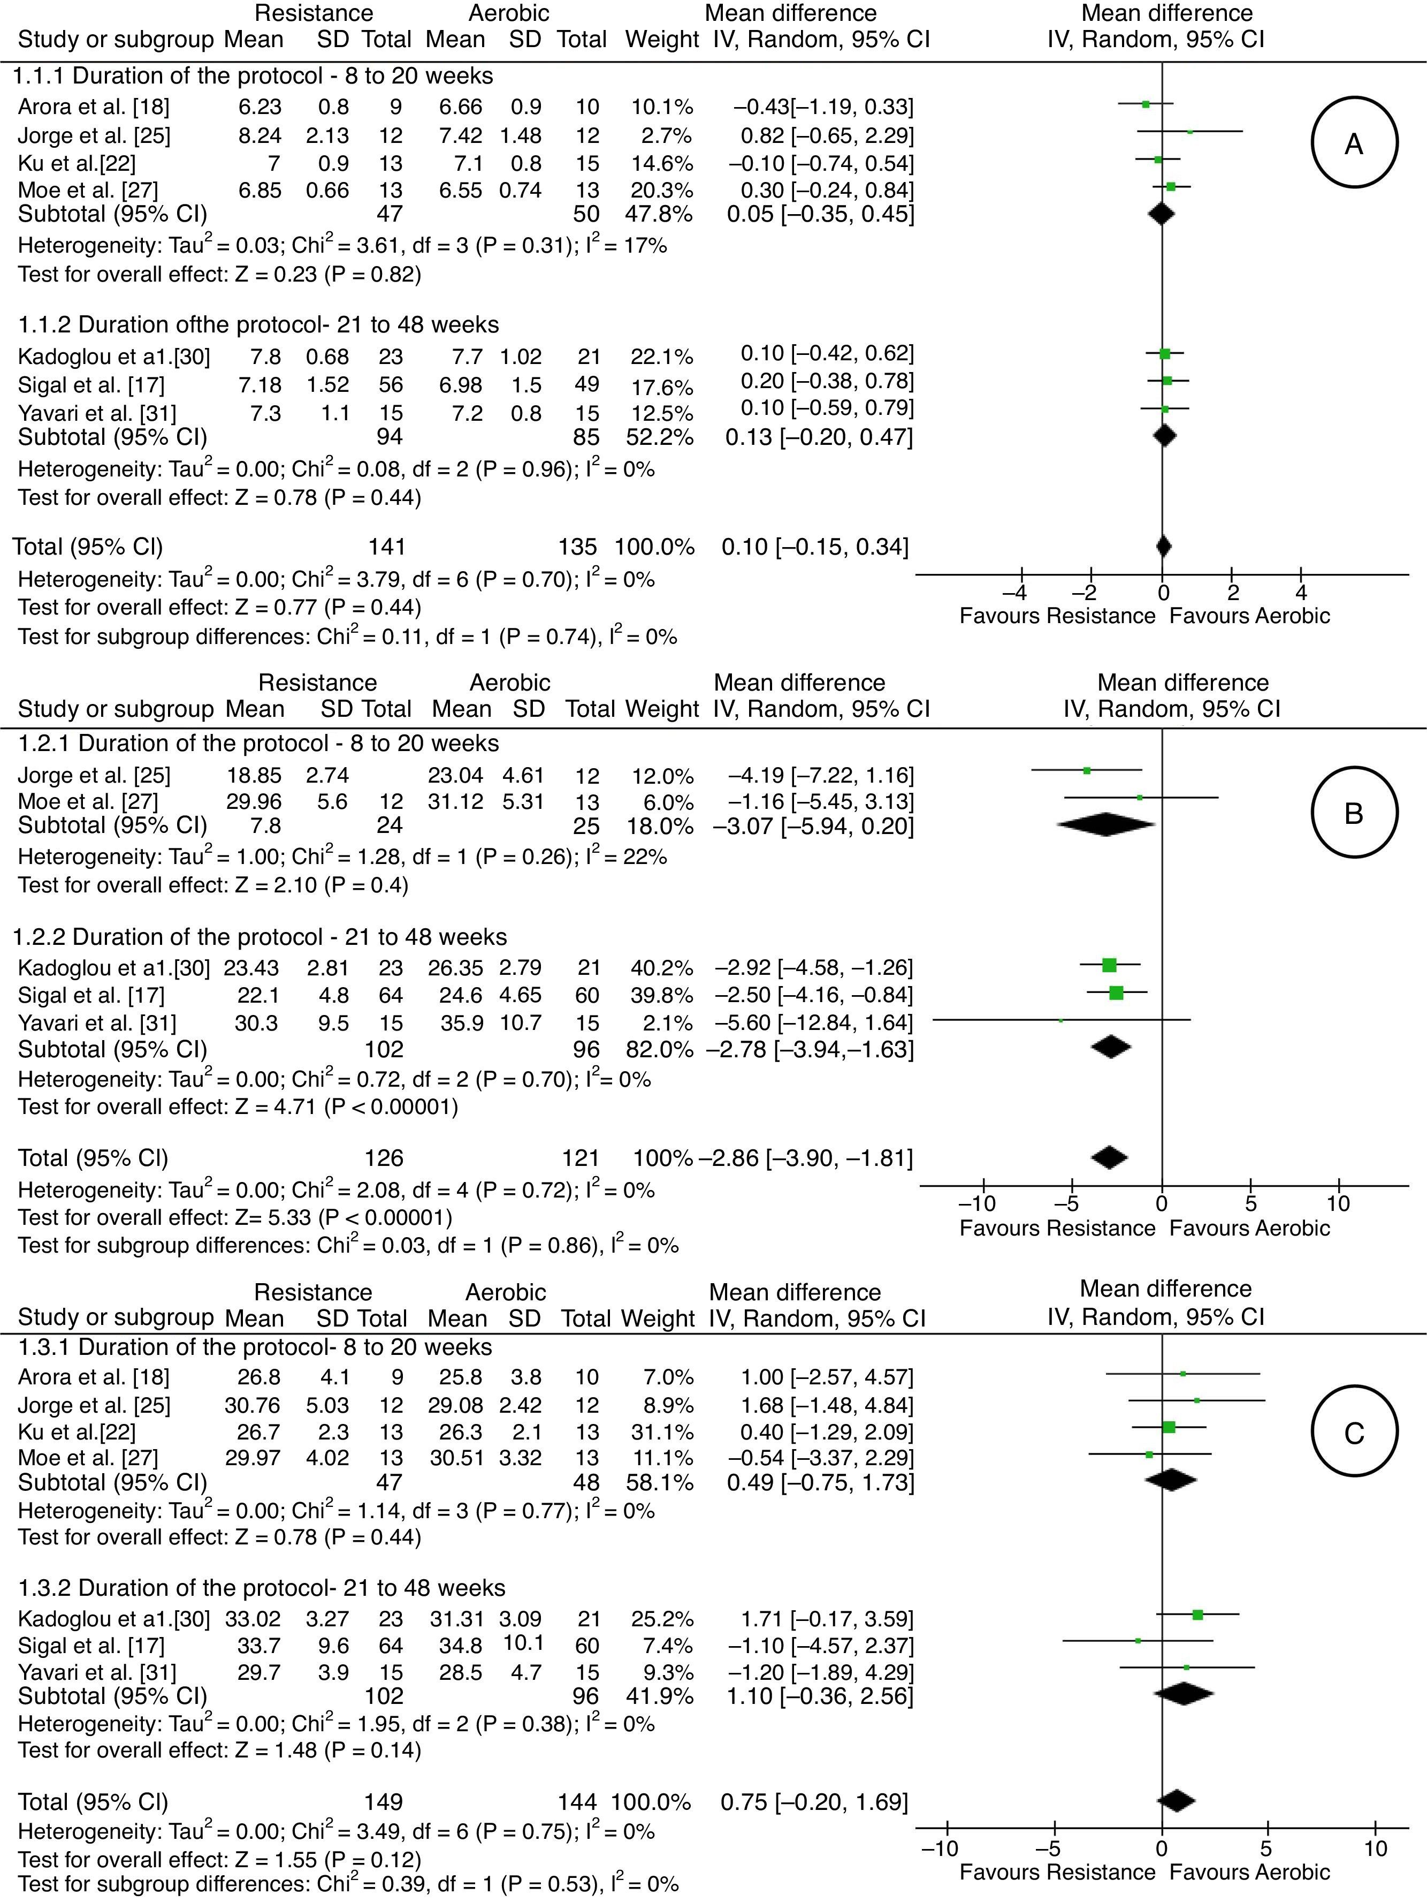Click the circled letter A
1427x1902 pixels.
tap(1353, 143)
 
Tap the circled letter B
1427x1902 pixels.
tap(1353, 813)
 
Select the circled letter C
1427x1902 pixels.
tap(1353, 1433)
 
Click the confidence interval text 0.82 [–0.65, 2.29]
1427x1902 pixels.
tap(827, 135)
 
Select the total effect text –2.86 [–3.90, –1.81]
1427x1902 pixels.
tap(805, 1157)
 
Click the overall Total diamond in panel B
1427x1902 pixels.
tap(1109, 1157)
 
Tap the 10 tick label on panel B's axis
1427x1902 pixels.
tap(1338, 1202)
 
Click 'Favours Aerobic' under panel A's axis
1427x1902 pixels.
tap(1249, 616)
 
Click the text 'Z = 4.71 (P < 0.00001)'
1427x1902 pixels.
tap(345, 1106)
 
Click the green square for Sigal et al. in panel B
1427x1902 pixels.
tap(1116, 994)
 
